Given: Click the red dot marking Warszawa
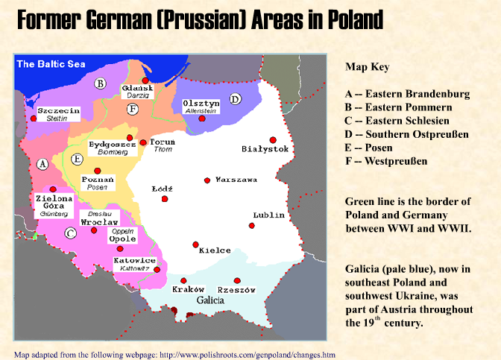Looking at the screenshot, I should click(x=207, y=180).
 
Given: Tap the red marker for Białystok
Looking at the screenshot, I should click(x=274, y=139).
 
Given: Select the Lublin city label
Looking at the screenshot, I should click(x=268, y=215).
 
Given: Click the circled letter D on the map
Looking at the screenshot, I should click(x=236, y=98).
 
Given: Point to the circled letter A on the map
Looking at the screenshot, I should click(x=42, y=163).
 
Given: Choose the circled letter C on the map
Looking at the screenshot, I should click(x=70, y=233).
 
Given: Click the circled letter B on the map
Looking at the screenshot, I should click(x=100, y=84).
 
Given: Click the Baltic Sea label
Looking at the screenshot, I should click(x=51, y=64).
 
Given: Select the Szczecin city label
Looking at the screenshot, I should click(x=58, y=110).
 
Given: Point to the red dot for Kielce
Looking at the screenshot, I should click(x=195, y=244).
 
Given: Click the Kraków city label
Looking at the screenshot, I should click(x=187, y=289).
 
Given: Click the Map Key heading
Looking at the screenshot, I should click(x=367, y=67).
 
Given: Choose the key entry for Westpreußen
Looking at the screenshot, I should click(x=386, y=161).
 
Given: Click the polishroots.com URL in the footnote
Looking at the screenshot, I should click(x=247, y=354).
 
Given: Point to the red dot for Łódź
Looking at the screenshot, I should click(x=165, y=198).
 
